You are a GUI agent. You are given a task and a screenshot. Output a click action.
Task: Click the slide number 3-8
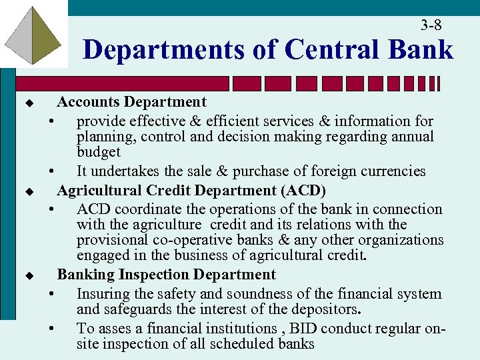(x=431, y=25)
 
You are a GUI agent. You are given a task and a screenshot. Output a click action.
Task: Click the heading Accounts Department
(x=132, y=102)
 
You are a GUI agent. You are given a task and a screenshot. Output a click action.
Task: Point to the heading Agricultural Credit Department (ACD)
(x=191, y=191)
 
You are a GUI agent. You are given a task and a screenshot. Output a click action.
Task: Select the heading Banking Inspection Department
(x=167, y=275)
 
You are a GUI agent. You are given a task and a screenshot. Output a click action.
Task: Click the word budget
(x=99, y=152)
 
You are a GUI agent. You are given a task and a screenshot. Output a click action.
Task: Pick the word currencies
(x=393, y=171)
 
